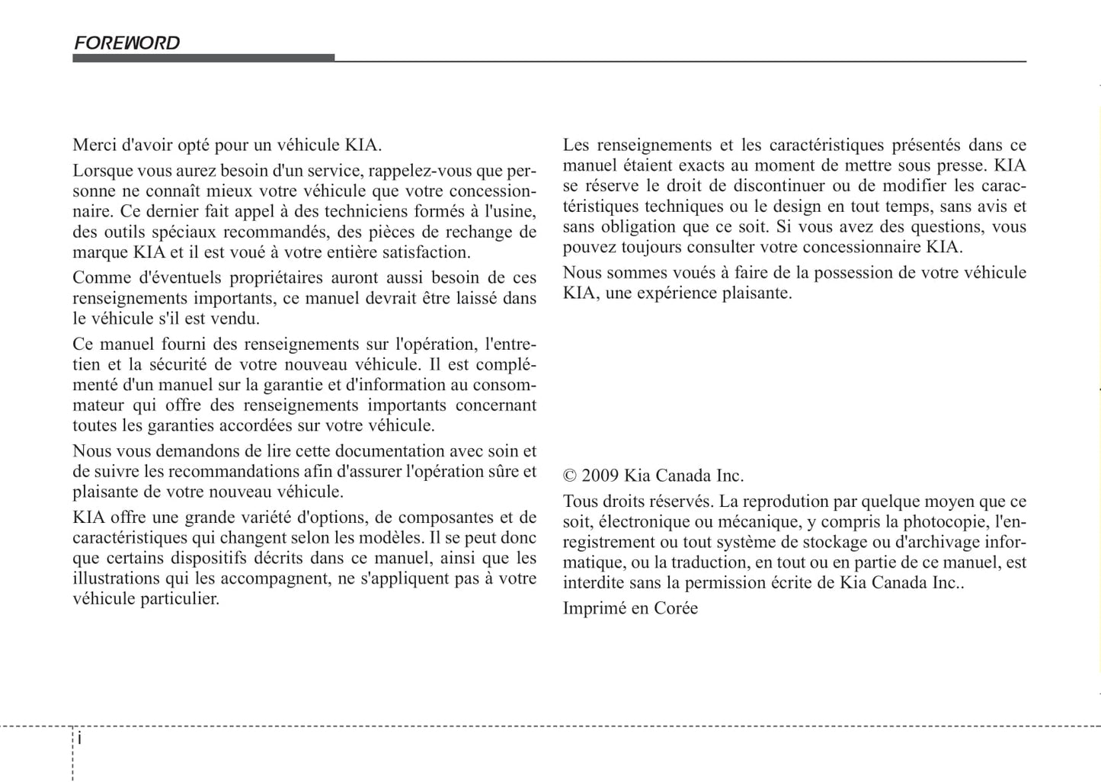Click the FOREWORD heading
pyautogui.click(x=126, y=43)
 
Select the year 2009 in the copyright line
pyautogui.click(x=600, y=476)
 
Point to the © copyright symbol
pyautogui.click(x=570, y=476)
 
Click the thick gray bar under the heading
pyautogui.click(x=203, y=58)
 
